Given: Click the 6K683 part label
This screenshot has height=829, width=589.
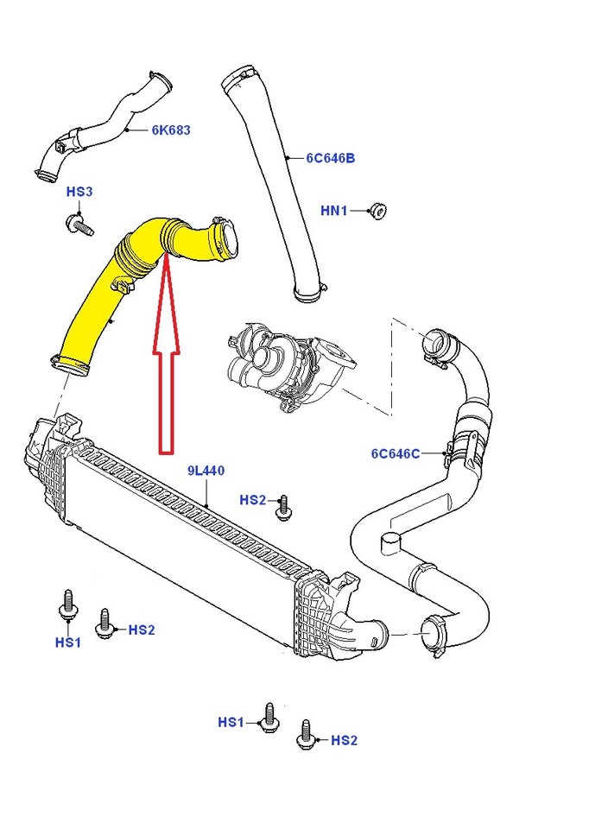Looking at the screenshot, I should click(x=170, y=130).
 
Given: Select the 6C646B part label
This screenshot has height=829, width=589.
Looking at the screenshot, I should click(x=330, y=158).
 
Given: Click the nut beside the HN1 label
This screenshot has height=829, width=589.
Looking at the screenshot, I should click(x=377, y=210).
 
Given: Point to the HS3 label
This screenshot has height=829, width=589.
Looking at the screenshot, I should click(x=79, y=192).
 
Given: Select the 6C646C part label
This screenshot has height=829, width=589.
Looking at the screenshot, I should click(x=396, y=453).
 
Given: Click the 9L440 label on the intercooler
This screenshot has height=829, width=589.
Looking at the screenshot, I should click(x=206, y=471).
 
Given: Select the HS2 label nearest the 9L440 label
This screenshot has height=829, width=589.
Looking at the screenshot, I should click(x=253, y=499).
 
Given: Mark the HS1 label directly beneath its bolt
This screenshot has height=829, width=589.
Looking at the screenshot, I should click(x=67, y=642).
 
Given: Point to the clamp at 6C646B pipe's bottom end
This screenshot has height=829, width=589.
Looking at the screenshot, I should click(x=310, y=293).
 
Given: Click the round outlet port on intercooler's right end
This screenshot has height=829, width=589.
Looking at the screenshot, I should click(x=375, y=636).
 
